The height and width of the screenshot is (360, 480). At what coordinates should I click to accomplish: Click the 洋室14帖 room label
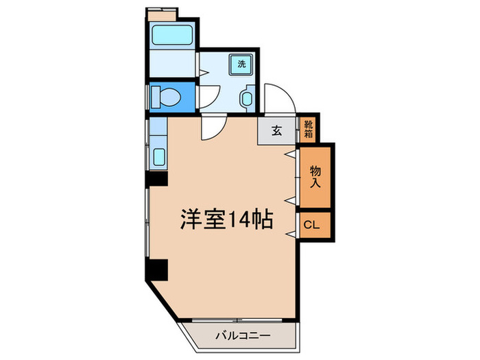pos(227,219)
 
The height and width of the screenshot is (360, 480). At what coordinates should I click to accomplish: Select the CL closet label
pos(311,224)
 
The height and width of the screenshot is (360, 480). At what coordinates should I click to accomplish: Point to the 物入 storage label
pos(315,177)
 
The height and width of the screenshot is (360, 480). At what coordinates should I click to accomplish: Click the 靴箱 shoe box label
pos(309,130)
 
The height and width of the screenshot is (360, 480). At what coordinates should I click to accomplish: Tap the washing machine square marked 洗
pos(241,64)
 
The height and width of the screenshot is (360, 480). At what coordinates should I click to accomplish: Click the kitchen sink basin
pos(158,157)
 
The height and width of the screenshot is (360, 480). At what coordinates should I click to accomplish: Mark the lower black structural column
pos(157,270)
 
